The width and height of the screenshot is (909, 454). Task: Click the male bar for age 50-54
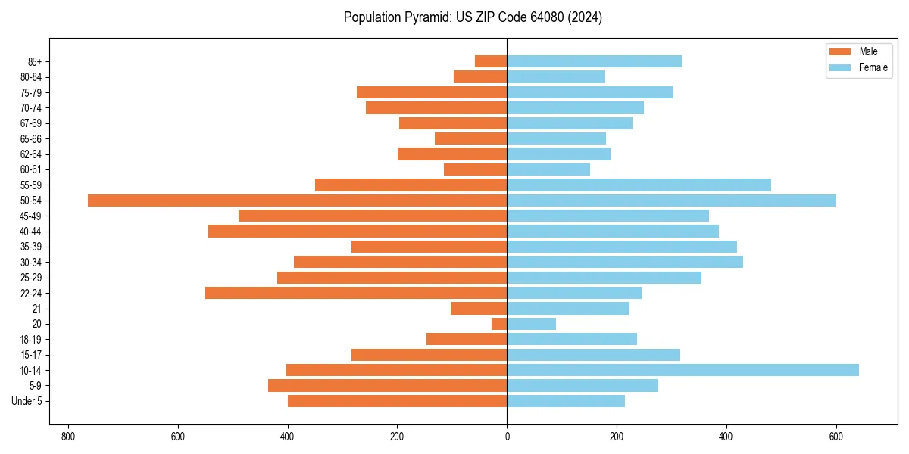pos(297,201)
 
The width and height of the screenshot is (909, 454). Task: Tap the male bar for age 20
pos(499,324)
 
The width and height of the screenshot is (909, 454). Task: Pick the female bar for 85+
pos(594,61)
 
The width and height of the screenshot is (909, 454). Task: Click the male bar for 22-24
pos(355,293)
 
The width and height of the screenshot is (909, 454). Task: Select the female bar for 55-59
pos(639,185)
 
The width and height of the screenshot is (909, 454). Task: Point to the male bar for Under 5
pos(397,401)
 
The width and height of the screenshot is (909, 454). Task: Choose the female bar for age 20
pos(531,324)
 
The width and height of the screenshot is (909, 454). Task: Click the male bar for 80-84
pos(480,76)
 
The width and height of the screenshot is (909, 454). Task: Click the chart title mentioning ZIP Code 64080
pos(473,17)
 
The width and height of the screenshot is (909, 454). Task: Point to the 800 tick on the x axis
pos(68,437)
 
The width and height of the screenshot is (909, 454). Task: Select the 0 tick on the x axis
pos(507,437)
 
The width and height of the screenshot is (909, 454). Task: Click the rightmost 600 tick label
pos(836,437)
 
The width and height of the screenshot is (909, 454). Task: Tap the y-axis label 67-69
pos(31,123)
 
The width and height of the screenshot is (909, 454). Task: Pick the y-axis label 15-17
pos(31,355)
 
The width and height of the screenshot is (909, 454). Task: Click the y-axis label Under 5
pos(27,401)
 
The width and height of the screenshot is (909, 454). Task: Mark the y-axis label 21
pos(36,309)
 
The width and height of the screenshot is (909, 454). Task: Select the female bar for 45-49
pos(608,216)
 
